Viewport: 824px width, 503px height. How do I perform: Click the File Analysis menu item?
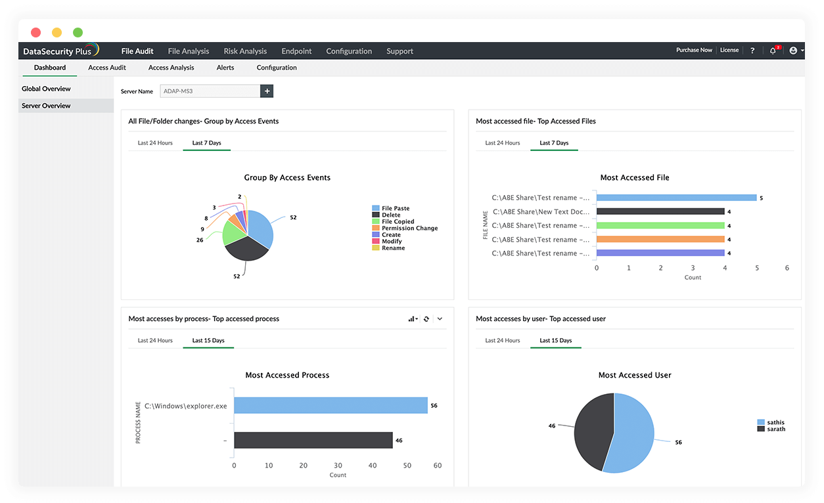click(x=189, y=51)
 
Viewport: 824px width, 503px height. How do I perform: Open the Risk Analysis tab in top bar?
click(x=245, y=51)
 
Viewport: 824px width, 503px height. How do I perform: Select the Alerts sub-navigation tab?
click(x=225, y=68)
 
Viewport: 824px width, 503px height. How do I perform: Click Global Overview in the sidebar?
click(x=46, y=89)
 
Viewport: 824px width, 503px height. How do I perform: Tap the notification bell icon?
click(x=773, y=51)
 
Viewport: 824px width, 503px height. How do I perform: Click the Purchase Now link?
click(x=694, y=50)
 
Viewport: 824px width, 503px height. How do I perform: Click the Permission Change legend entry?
click(x=409, y=229)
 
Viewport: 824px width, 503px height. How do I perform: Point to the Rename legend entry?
click(x=393, y=248)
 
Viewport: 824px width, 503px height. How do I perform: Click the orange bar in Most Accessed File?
click(x=660, y=240)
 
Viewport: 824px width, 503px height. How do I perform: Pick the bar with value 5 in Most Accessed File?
click(x=676, y=198)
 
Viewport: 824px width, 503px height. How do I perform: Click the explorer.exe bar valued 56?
click(x=331, y=405)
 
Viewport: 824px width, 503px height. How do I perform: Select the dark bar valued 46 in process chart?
click(x=313, y=440)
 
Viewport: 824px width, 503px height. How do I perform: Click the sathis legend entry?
click(x=775, y=423)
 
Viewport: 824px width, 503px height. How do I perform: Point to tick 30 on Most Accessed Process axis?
click(x=338, y=466)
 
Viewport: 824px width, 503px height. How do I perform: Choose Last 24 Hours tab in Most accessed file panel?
click(x=502, y=143)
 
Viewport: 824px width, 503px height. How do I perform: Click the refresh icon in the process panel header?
click(x=426, y=319)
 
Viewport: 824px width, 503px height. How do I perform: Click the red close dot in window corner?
click(x=35, y=32)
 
